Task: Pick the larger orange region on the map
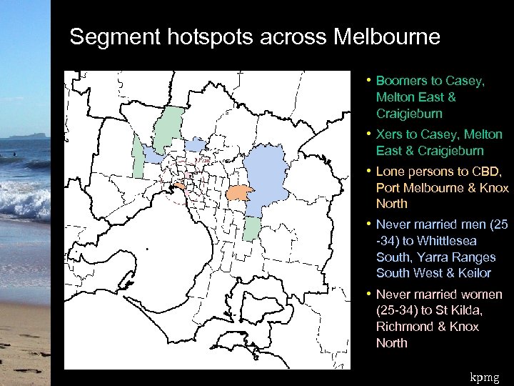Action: (x=239, y=193)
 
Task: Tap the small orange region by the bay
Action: (x=179, y=187)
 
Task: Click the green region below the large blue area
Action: (x=251, y=229)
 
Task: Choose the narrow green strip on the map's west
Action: (x=138, y=157)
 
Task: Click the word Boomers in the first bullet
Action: (x=401, y=81)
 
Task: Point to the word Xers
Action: (x=390, y=134)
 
